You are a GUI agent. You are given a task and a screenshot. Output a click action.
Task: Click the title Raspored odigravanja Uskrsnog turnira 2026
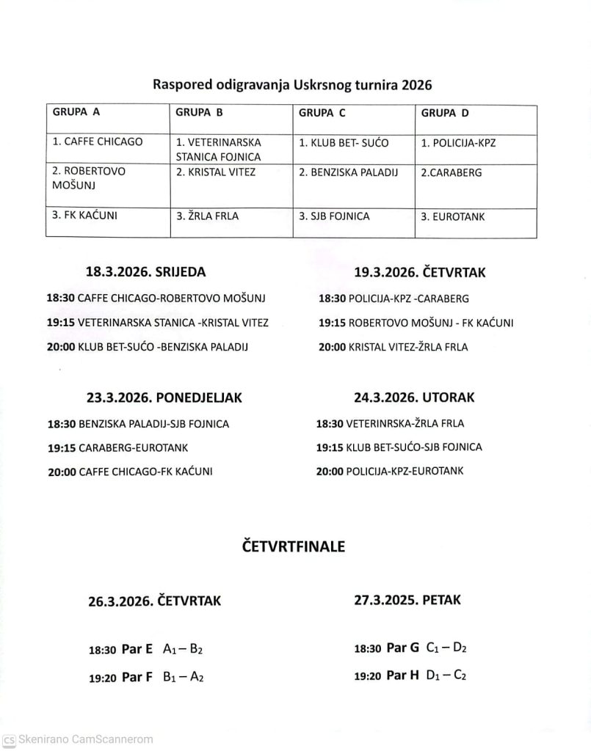click(x=292, y=84)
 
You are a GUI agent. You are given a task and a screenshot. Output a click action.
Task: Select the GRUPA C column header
click(x=322, y=113)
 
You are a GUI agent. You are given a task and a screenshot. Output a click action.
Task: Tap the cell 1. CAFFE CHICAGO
click(x=98, y=142)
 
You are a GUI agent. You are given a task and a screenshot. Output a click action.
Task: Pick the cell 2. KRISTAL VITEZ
click(x=216, y=172)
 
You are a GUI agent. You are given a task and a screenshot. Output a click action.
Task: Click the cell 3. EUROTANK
click(x=453, y=216)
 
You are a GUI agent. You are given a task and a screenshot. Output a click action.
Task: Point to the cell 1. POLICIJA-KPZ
click(x=458, y=142)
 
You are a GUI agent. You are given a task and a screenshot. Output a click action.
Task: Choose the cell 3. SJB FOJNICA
click(x=334, y=216)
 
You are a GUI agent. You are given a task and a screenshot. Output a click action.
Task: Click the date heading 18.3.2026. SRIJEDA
click(x=146, y=271)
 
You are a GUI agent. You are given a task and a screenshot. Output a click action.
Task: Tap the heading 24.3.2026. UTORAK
click(x=414, y=398)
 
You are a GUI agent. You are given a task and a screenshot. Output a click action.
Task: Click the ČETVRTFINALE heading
click(x=293, y=546)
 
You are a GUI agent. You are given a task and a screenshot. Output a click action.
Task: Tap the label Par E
click(x=137, y=649)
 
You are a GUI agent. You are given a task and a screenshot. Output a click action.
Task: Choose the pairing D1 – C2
click(x=446, y=675)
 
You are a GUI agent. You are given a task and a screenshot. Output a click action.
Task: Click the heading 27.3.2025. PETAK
click(x=406, y=600)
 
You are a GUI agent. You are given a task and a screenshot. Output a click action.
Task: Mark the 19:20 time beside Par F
click(x=103, y=679)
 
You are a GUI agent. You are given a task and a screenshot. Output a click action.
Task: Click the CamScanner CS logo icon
click(x=9, y=740)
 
